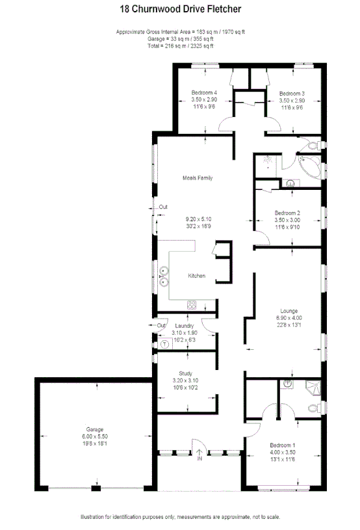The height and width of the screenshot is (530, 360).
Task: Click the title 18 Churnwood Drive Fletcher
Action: [x=180, y=10]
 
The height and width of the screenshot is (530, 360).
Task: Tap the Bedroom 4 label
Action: [x=203, y=93]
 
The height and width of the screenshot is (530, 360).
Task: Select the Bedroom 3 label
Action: [x=291, y=93]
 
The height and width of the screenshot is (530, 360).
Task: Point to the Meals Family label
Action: [x=198, y=178]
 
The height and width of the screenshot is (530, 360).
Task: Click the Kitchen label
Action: [x=196, y=276]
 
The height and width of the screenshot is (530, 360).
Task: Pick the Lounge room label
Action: [x=289, y=310]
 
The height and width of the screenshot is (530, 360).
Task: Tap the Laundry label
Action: [x=185, y=326]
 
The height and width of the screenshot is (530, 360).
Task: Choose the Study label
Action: [x=185, y=373]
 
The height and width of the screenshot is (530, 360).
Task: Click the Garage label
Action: [x=96, y=430]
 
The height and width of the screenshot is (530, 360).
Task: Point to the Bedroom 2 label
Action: [x=287, y=213]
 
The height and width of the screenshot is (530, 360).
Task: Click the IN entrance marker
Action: [x=199, y=459]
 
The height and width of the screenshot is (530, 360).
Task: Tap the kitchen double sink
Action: [x=163, y=276]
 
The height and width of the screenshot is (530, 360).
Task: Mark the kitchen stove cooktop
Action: [x=192, y=304]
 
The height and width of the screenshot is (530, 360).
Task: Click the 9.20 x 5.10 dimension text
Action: [x=198, y=219]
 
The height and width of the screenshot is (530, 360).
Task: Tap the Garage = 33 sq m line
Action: [x=180, y=39]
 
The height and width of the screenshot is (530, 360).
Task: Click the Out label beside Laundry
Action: [x=161, y=325]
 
